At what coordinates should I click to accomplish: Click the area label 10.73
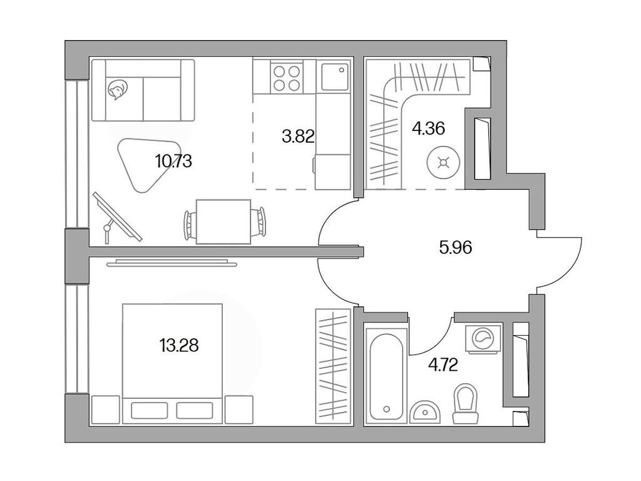[173, 161]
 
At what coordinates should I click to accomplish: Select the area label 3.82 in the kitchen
[297, 136]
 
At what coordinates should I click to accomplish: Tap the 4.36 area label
[428, 129]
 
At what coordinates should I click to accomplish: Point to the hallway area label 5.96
[455, 247]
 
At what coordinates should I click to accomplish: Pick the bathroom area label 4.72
[443, 365]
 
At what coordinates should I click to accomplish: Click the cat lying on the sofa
[116, 91]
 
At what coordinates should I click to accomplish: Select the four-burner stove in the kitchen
[285, 78]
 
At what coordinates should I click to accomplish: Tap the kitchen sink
[334, 78]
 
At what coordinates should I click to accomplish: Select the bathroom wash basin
[427, 411]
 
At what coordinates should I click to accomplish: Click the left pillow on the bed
[150, 410]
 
